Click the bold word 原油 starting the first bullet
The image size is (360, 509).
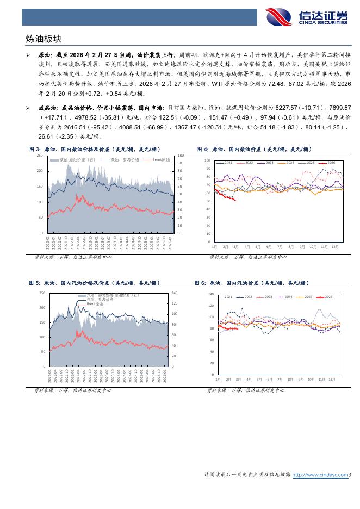click(x=45, y=55)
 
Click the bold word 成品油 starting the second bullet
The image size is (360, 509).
click(x=47, y=108)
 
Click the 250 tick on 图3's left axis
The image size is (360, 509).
click(x=39, y=156)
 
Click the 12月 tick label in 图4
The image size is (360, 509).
click(x=335, y=246)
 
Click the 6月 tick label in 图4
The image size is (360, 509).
click(x=269, y=246)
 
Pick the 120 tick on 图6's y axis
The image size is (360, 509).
click(x=212, y=306)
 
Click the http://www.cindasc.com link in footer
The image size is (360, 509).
click(x=320, y=475)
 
